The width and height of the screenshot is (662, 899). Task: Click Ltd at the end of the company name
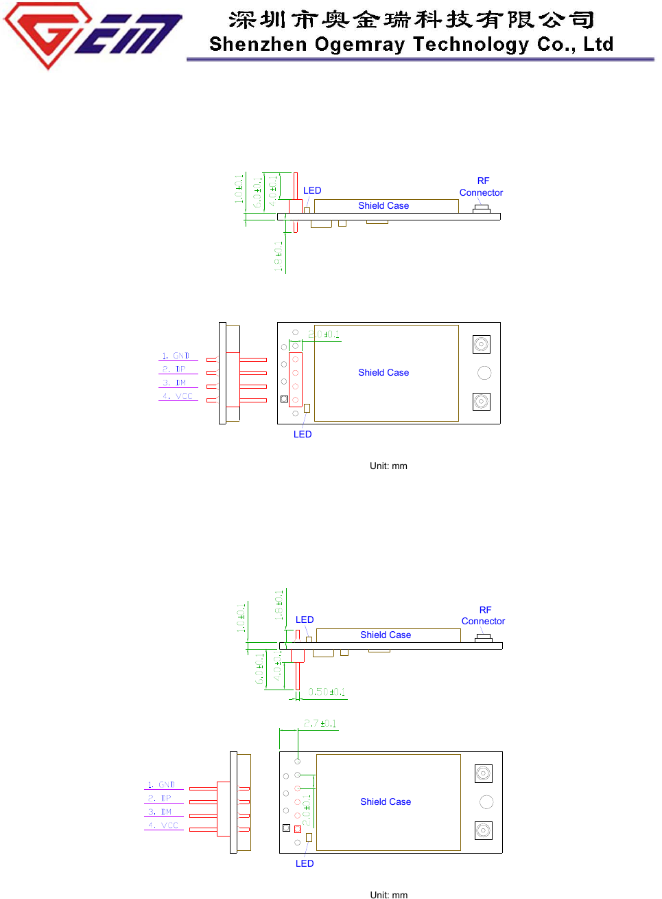tap(598, 44)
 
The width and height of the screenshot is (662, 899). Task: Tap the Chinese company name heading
tap(411, 19)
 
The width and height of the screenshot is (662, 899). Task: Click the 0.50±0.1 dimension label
tap(327, 692)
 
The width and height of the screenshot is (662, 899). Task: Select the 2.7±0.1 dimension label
tap(320, 724)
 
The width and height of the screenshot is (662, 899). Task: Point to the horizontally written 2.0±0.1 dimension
tap(324, 334)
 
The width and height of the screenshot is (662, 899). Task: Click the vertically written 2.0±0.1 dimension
tap(307, 810)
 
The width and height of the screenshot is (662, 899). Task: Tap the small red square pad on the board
tap(298, 829)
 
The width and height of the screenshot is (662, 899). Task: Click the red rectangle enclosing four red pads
tap(296, 380)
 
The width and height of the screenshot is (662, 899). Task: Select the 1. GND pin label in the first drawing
tap(176, 356)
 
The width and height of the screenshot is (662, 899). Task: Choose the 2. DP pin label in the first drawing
tap(174, 369)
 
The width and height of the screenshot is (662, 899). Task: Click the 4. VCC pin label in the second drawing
tap(163, 826)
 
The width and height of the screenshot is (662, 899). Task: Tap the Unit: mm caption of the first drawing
tap(388, 466)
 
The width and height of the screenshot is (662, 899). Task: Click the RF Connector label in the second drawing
tap(484, 615)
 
